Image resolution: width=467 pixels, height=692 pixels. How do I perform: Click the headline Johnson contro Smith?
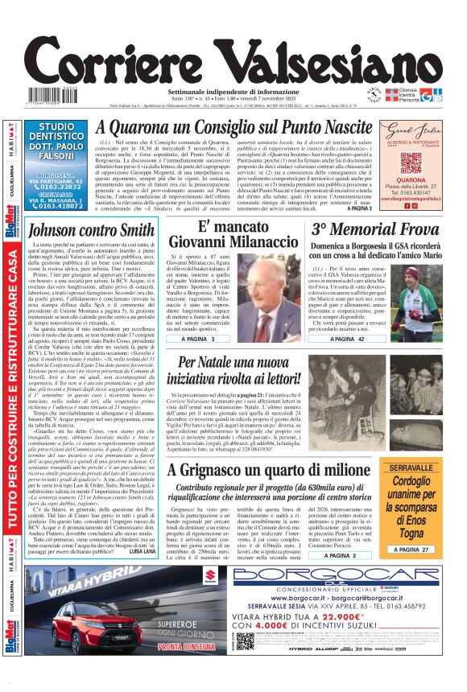(91, 229)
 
